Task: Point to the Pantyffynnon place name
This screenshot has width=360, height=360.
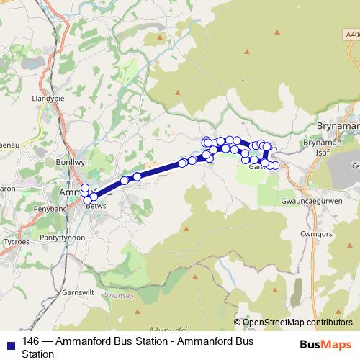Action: point(63,237)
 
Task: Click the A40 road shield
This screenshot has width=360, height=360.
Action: point(351,33)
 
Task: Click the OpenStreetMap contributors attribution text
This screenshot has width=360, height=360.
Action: point(297,323)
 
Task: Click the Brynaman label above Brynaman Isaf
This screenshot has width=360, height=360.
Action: point(337,126)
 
